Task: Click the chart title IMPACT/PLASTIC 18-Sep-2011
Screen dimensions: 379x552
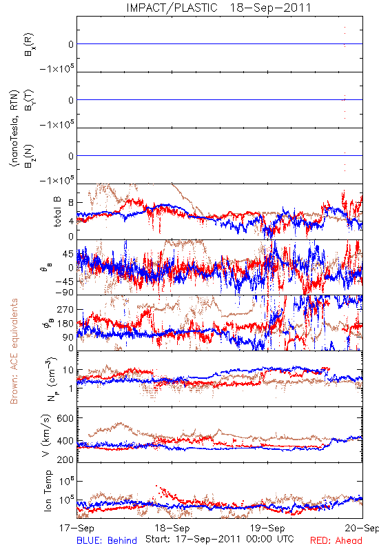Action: pyautogui.click(x=218, y=8)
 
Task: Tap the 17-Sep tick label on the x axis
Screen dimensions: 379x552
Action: pyautogui.click(x=76, y=528)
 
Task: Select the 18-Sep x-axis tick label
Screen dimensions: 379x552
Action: pyautogui.click(x=172, y=528)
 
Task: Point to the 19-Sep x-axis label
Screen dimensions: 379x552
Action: pyautogui.click(x=267, y=528)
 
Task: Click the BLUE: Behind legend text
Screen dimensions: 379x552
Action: pyautogui.click(x=107, y=540)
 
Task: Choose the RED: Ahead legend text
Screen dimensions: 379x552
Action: pyautogui.click(x=336, y=540)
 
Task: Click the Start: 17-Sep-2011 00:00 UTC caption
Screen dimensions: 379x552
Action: pyautogui.click(x=219, y=539)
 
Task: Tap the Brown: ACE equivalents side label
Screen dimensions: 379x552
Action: pyautogui.click(x=14, y=351)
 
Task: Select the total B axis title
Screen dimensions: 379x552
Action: pyautogui.click(x=57, y=212)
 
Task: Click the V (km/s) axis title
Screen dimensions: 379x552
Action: pyautogui.click(x=46, y=435)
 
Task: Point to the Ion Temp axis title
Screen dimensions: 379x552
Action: pyautogui.click(x=48, y=491)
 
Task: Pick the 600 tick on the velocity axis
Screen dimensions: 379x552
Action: pyautogui.click(x=65, y=418)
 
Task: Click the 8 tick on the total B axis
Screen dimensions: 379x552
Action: pyautogui.click(x=71, y=202)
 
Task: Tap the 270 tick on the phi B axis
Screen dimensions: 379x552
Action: pyautogui.click(x=65, y=309)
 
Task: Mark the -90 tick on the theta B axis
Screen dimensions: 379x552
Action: pyautogui.click(x=63, y=293)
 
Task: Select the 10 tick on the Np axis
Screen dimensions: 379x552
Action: pyautogui.click(x=68, y=370)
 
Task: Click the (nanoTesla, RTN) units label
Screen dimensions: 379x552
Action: pyautogui.click(x=14, y=128)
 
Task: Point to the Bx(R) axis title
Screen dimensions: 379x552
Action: pyautogui.click(x=29, y=44)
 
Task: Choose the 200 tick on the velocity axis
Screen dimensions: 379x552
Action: pyautogui.click(x=65, y=459)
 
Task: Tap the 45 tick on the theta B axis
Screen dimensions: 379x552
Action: pyautogui.click(x=68, y=254)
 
